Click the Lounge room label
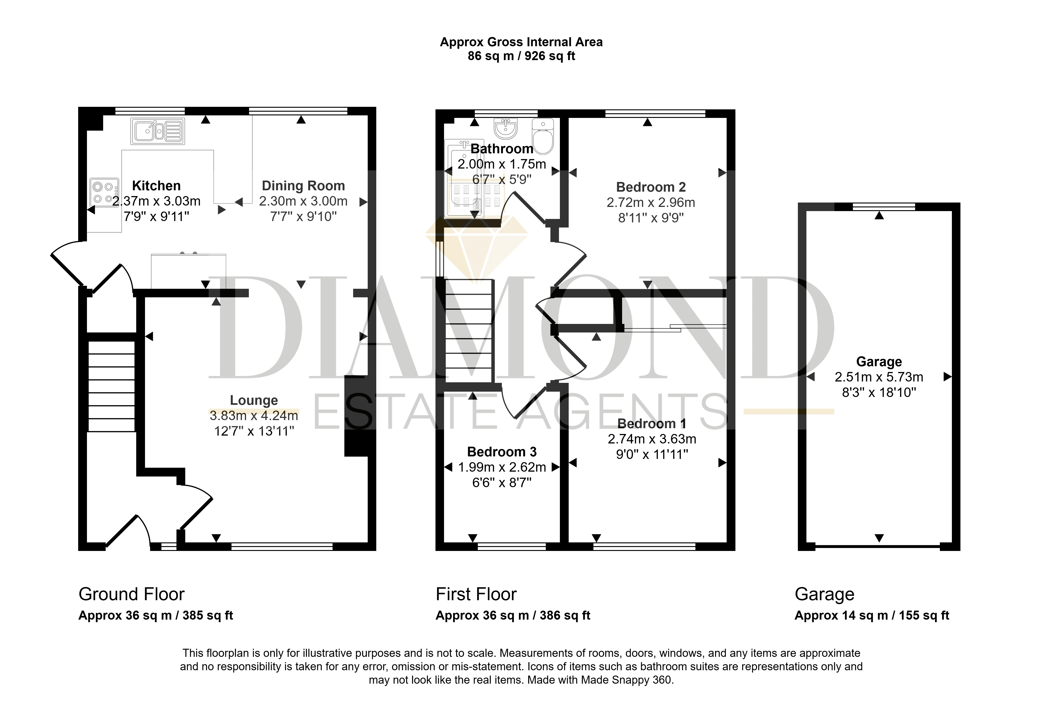pyautogui.click(x=254, y=400)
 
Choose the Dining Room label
pyautogui.click(x=303, y=186)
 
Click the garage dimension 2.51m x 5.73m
pyautogui.click(x=879, y=377)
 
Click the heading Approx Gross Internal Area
pyautogui.click(x=521, y=42)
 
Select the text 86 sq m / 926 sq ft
pyautogui.click(x=521, y=56)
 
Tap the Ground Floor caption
pyautogui.click(x=132, y=594)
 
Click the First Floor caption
pyautogui.click(x=476, y=594)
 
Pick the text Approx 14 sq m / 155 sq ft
pyautogui.click(x=872, y=615)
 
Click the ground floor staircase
pyautogui.click(x=111, y=386)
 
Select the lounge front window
pyautogui.click(x=282, y=547)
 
